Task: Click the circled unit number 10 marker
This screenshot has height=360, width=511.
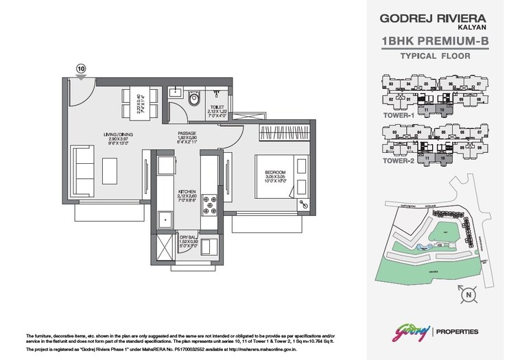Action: (81, 68)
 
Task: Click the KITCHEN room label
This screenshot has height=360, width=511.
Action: (187, 191)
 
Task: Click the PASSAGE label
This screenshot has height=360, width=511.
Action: (187, 133)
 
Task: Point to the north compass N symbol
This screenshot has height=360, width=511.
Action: (468, 296)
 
